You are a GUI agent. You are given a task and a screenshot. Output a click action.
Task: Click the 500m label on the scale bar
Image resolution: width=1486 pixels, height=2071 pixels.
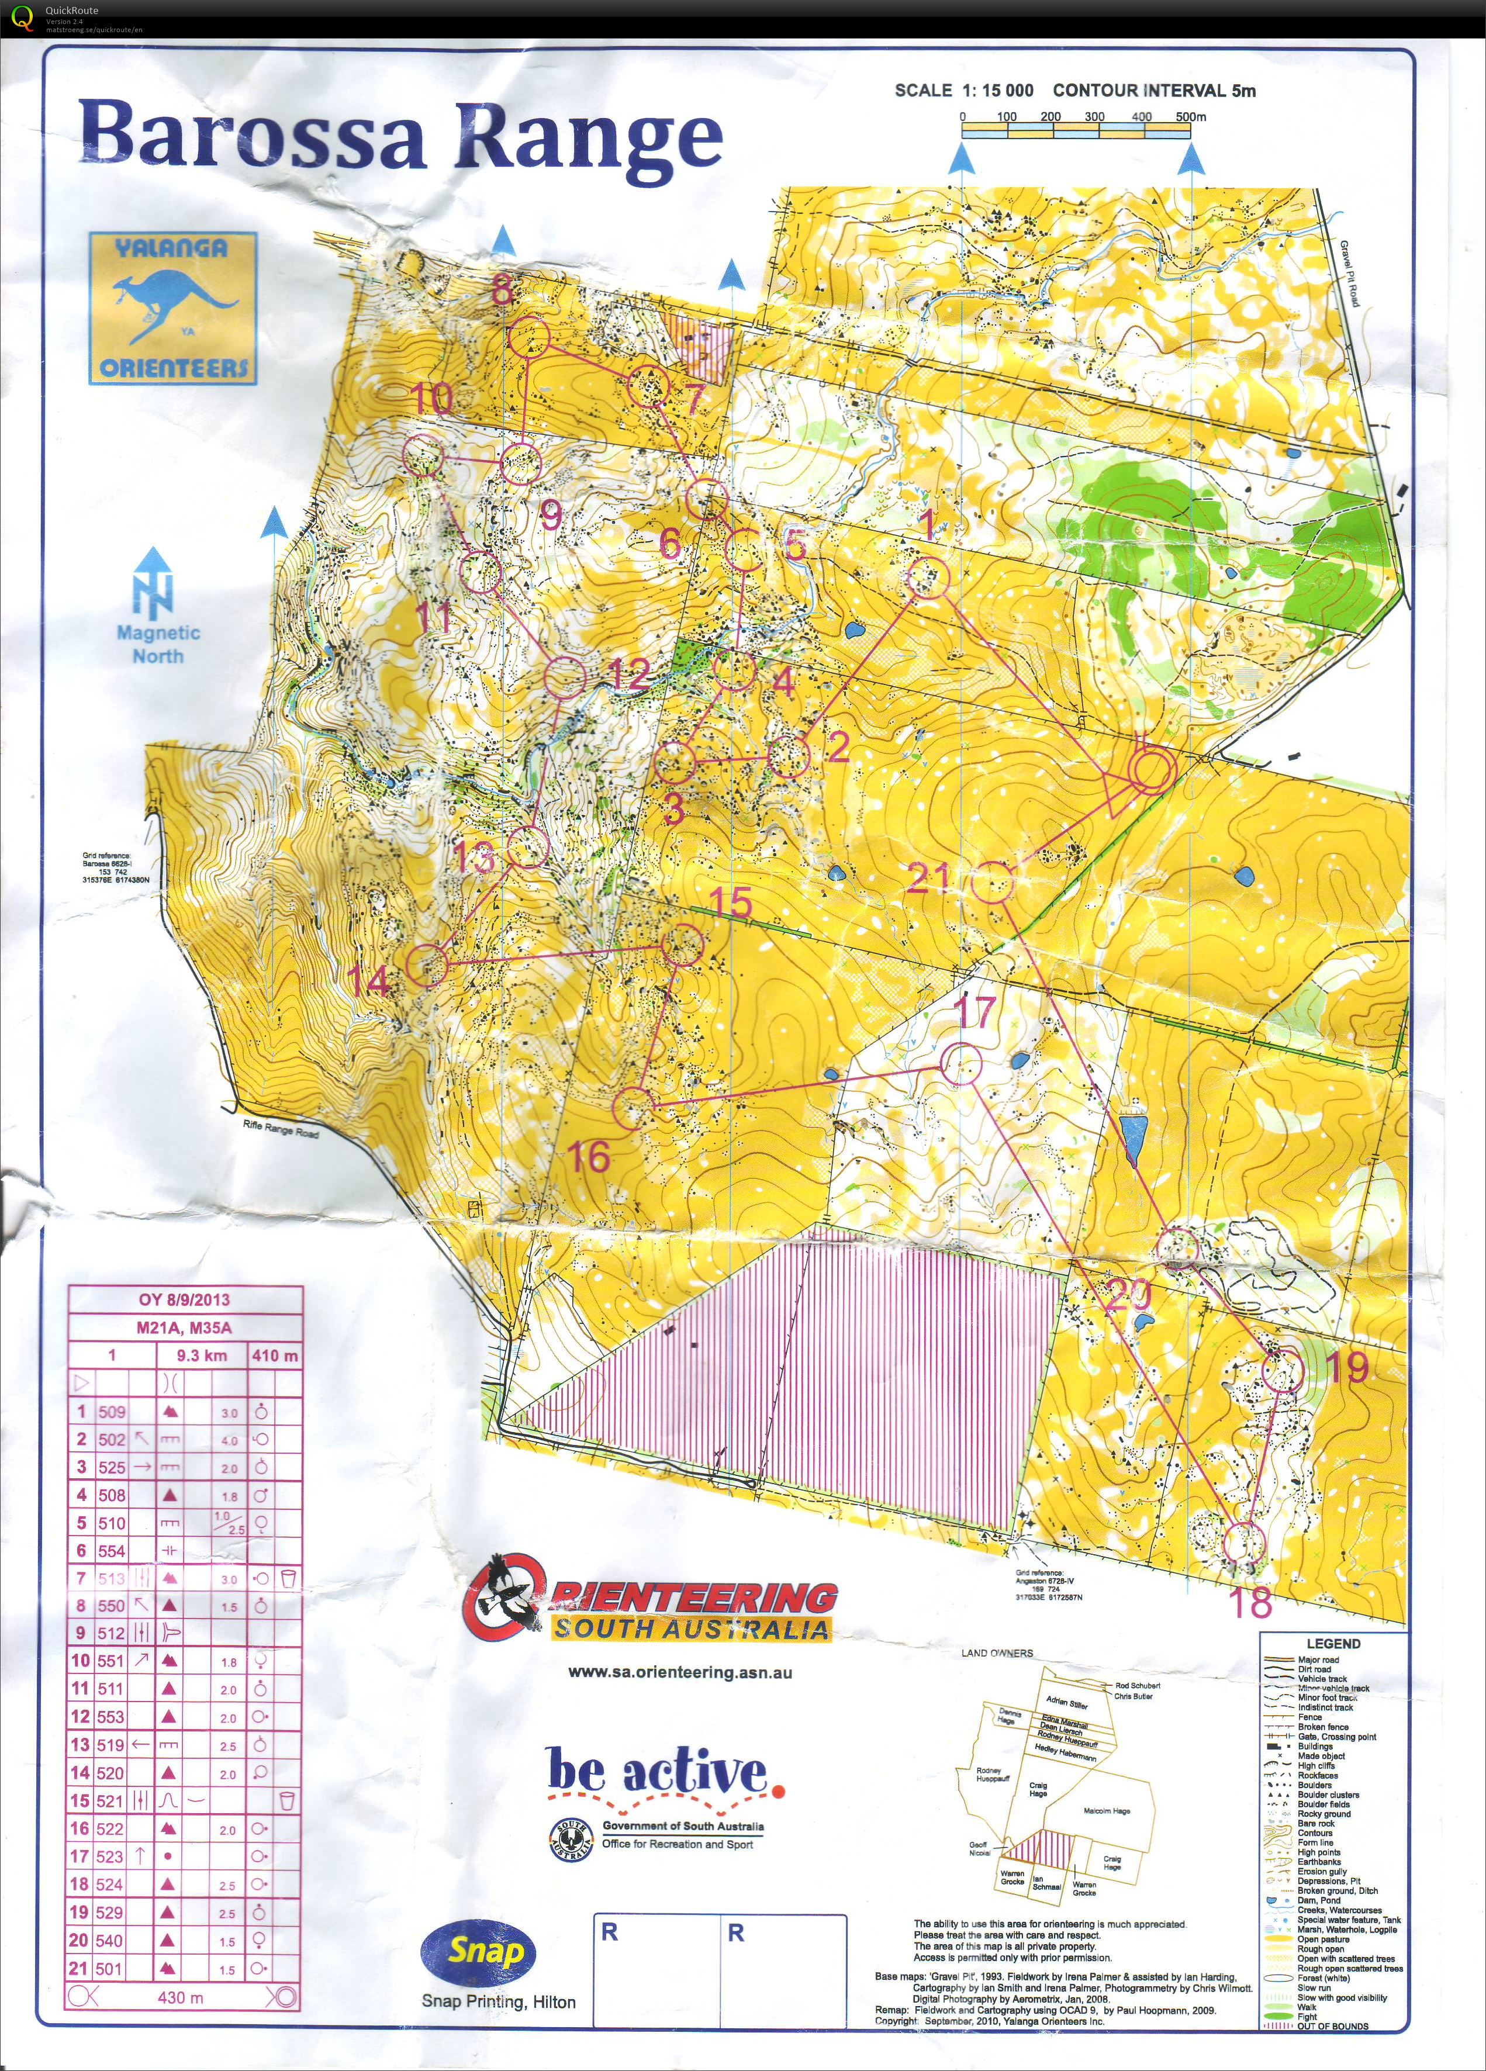(x=1190, y=117)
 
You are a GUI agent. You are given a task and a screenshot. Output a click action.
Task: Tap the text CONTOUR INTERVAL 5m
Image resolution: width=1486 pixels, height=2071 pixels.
(x=1153, y=91)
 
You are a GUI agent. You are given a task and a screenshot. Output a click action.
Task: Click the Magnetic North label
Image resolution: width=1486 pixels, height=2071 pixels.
(x=157, y=644)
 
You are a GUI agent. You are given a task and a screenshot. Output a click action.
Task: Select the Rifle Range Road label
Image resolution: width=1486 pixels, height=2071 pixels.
(x=281, y=1129)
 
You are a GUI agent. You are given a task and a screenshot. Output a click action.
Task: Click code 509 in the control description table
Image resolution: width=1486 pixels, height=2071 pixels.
(x=112, y=1412)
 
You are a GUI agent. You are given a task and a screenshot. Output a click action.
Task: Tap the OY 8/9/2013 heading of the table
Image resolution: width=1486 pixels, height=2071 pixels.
(x=185, y=1299)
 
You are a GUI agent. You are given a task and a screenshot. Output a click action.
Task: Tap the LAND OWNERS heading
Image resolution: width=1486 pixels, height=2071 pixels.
(x=997, y=1654)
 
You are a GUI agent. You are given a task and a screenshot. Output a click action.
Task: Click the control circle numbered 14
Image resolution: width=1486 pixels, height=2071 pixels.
(x=427, y=964)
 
